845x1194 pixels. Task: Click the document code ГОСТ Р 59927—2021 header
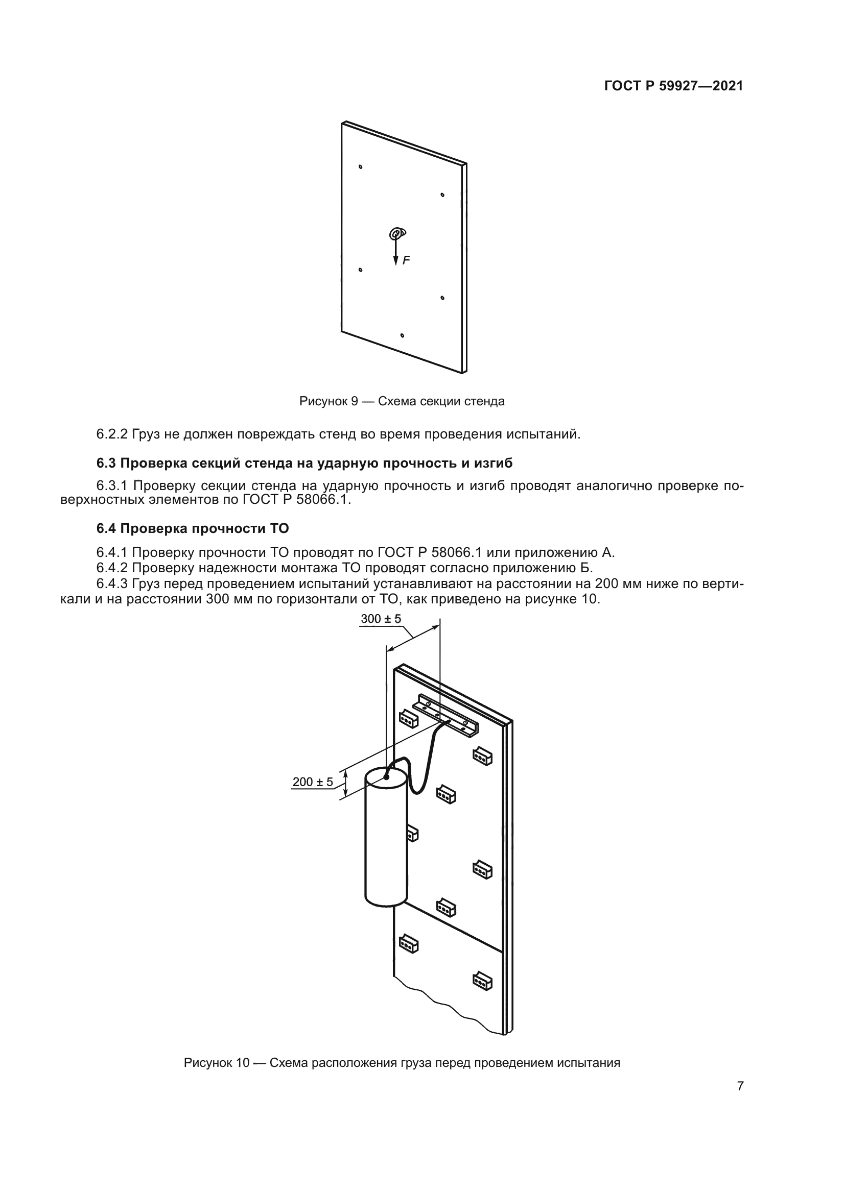pos(673,86)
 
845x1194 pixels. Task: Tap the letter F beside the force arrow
pos(406,260)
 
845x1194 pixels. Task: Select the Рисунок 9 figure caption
pos(402,401)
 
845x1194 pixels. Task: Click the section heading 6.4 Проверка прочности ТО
pos(193,528)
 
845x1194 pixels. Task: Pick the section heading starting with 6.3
pos(304,463)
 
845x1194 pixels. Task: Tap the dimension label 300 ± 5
pos(381,619)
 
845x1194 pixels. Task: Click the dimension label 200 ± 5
pos(312,782)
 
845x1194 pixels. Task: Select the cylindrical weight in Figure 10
pos(386,840)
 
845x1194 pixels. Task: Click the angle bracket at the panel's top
pos(446,715)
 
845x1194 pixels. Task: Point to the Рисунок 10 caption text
pos(402,1062)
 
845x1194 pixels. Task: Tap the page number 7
pos(740,1101)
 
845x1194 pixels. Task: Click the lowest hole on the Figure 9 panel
pos(402,335)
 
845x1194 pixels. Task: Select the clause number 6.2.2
pos(112,434)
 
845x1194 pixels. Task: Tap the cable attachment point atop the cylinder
pos(386,777)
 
